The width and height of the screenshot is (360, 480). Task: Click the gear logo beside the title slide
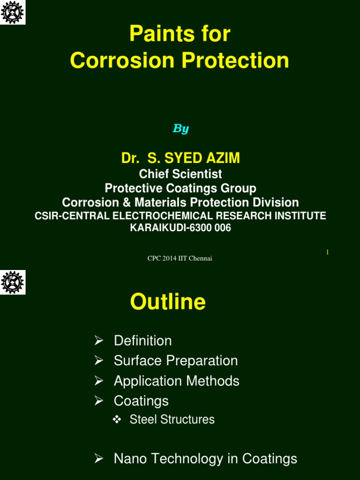pos(13,12)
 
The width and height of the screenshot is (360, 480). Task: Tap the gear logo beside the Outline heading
pos(13,282)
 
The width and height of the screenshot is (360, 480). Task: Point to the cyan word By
pos(180,128)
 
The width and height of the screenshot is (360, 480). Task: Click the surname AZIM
pos(221,158)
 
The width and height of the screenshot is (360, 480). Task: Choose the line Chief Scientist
pos(180,174)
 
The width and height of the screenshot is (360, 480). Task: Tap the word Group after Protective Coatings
pos(239,188)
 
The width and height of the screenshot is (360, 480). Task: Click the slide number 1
pos(327,252)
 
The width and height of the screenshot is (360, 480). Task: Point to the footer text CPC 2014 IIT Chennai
pos(180,258)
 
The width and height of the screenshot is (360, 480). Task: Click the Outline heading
pos(168,302)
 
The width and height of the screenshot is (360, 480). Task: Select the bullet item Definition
pos(142,341)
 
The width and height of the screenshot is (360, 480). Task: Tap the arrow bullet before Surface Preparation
pos(98,360)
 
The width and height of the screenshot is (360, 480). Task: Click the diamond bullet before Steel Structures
pos(118,419)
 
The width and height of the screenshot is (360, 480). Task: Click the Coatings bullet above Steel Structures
pos(141,401)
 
